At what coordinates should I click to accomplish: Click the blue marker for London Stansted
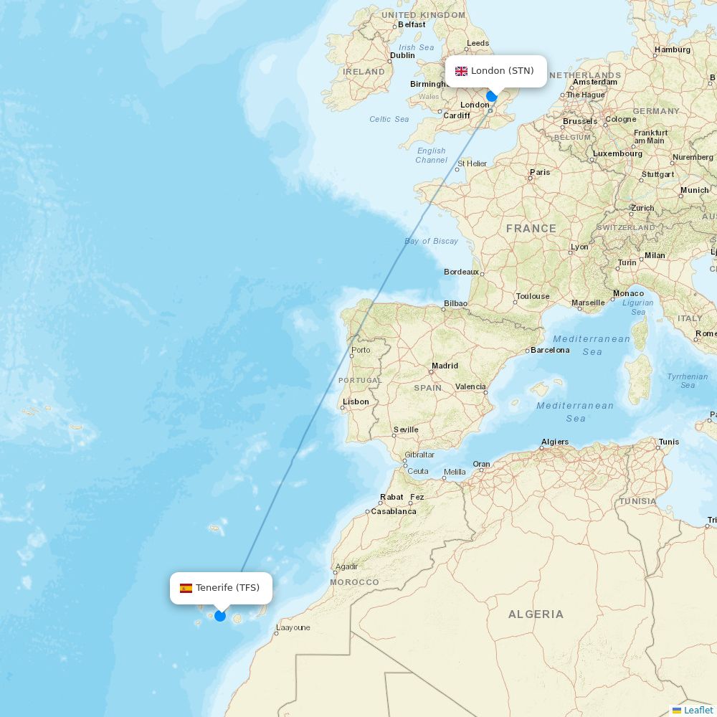(x=492, y=96)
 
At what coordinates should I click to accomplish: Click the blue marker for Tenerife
(x=220, y=616)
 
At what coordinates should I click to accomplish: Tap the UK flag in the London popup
(x=461, y=71)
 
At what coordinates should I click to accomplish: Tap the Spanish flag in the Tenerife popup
(x=186, y=588)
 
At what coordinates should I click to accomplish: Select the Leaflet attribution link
(x=698, y=710)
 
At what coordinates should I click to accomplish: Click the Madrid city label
(x=445, y=366)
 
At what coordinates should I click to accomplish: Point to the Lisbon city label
(x=356, y=402)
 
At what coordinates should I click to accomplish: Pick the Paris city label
(x=540, y=172)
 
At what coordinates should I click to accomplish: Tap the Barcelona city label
(x=550, y=350)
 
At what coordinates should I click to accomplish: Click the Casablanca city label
(x=394, y=511)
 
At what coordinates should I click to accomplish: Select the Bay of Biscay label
(x=431, y=241)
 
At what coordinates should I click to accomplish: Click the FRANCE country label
(x=531, y=229)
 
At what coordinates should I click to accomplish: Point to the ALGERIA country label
(x=536, y=614)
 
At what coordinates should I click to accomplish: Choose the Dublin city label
(x=402, y=55)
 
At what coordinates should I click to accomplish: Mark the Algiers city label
(x=555, y=442)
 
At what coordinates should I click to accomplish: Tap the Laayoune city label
(x=293, y=627)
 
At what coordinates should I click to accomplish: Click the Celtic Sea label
(x=389, y=119)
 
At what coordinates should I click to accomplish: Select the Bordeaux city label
(x=461, y=272)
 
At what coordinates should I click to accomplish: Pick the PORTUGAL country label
(x=360, y=380)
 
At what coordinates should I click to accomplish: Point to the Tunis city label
(x=669, y=442)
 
